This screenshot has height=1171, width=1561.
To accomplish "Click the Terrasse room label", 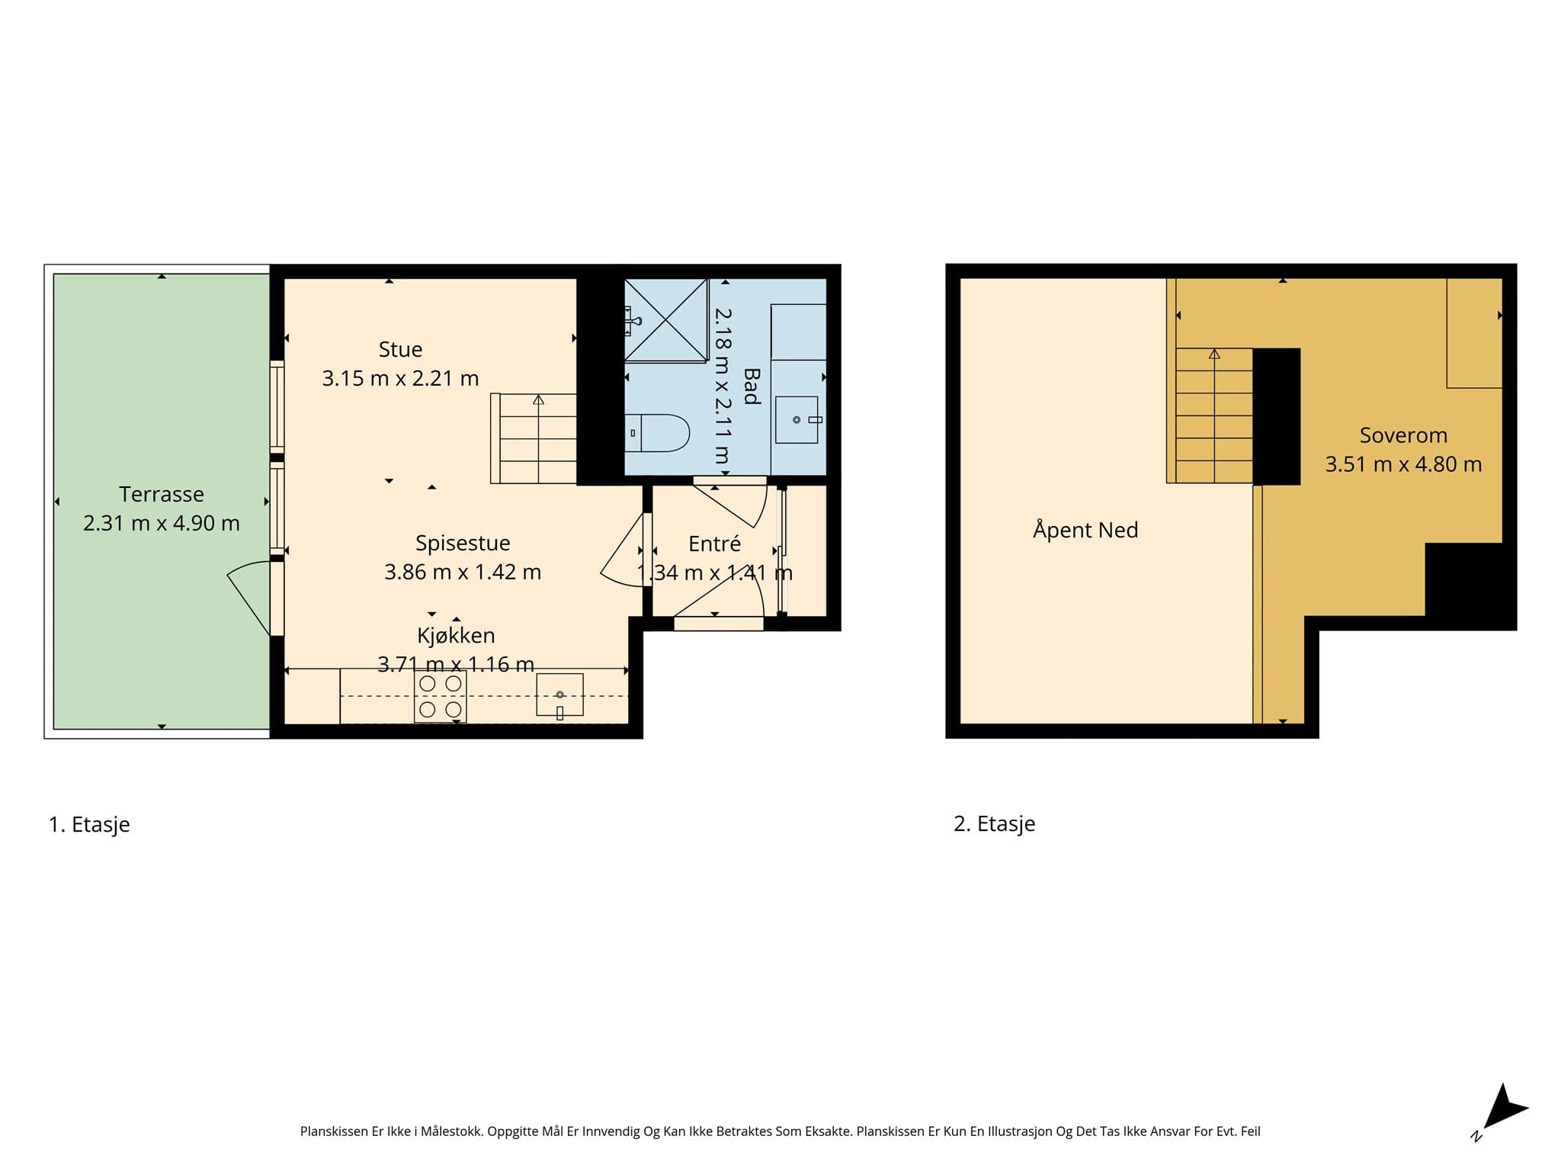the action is point(162,494).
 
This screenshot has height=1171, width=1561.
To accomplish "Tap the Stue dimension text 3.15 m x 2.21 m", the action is point(400,378).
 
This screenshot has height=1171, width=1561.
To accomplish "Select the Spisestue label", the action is point(463,544).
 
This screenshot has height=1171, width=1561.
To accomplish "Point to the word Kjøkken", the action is point(456,635).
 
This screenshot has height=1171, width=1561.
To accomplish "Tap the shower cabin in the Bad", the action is point(666,319).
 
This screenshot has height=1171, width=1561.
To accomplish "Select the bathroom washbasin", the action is point(797,419).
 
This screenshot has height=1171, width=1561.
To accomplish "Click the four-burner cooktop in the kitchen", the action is point(441,697).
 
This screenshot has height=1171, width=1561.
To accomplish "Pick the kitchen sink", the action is point(559,695).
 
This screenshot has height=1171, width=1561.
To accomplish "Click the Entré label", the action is point(714,544).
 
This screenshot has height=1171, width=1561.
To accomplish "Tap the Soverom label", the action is point(1403,435).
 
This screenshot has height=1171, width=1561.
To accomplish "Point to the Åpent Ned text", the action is point(1085,529).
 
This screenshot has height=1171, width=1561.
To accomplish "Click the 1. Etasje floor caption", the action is point(89,824).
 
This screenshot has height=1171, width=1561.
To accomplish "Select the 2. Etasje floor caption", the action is point(994,823).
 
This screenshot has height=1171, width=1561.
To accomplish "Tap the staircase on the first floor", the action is point(534,438).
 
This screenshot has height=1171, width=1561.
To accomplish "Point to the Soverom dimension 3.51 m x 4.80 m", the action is point(1403,464).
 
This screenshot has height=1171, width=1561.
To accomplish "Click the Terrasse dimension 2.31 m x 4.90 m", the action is point(162,523).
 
